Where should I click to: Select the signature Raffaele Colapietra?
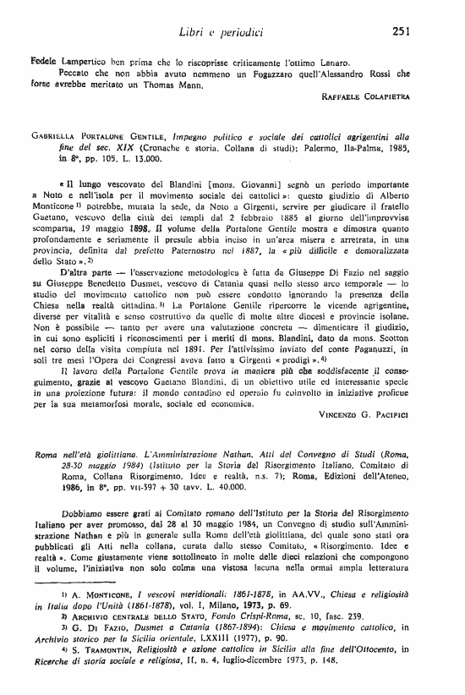click(366, 97)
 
